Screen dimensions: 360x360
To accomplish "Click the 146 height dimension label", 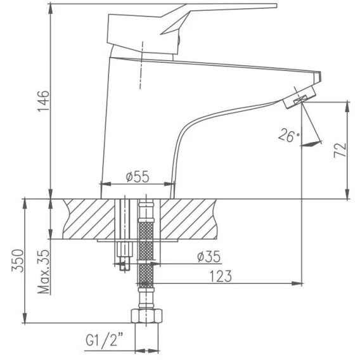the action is coord(43,101).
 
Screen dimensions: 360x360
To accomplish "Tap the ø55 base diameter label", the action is coord(138,177).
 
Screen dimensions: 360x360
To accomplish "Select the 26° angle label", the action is coord(289,136).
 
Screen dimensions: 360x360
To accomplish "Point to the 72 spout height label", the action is coord(340,150).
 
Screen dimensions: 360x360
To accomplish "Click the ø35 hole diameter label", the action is coord(209,257).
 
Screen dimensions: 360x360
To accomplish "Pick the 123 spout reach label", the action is coord(221,276).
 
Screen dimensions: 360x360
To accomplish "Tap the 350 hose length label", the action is coord(18,260).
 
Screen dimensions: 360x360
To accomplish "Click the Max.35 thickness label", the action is coord(44,272).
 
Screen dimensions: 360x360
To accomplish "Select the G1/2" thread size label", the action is coord(105,340).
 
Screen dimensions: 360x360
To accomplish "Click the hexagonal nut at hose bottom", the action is coord(146,316).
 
